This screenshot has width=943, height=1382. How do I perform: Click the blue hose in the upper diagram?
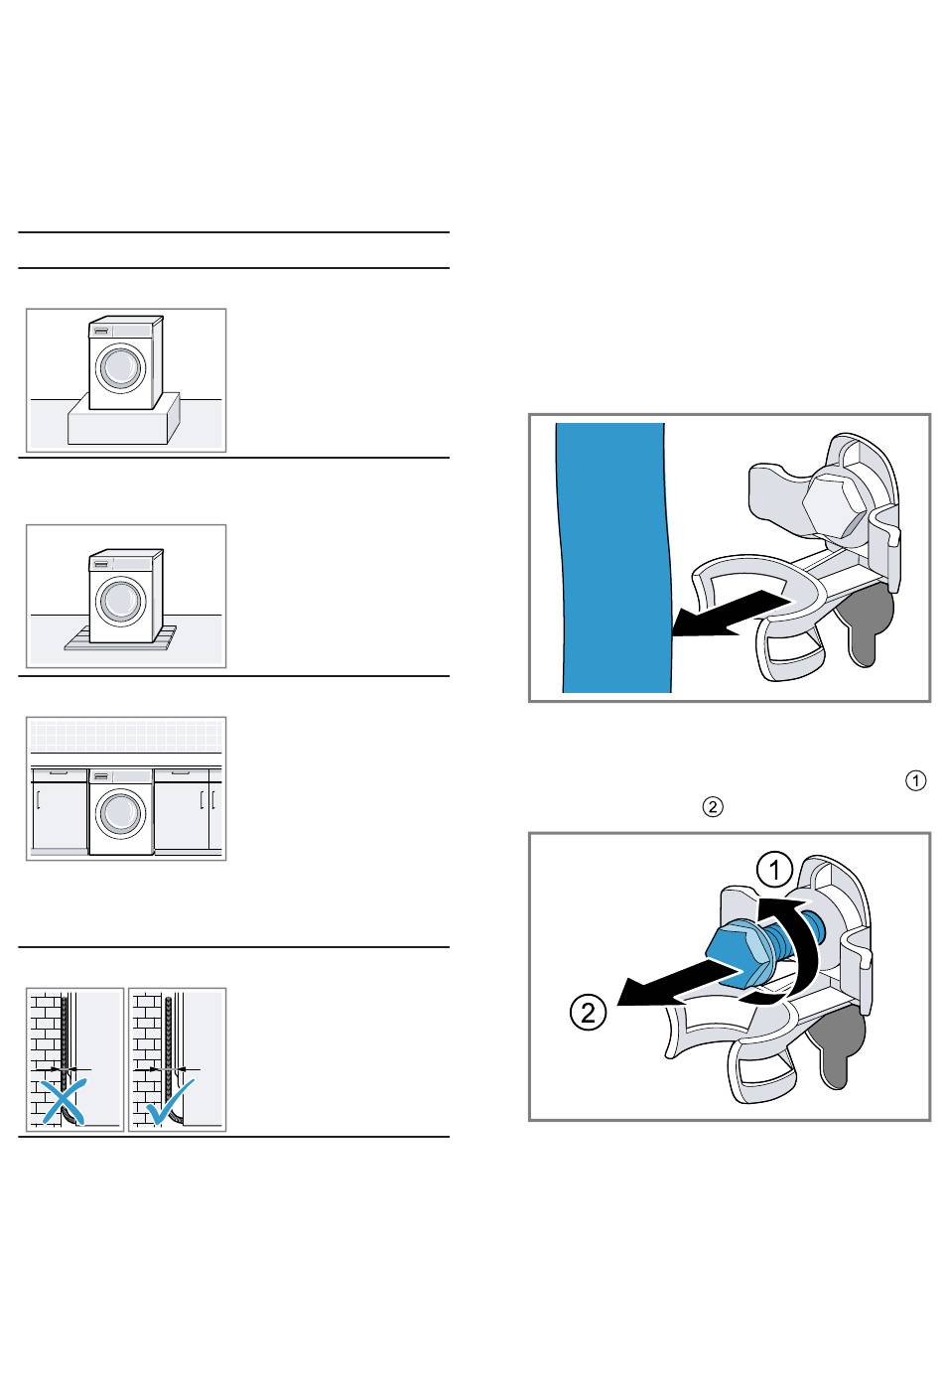[613, 556]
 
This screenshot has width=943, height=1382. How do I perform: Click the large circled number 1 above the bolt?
[774, 872]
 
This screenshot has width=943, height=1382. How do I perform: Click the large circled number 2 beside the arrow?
[589, 1014]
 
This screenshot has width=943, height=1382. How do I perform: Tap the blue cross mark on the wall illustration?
[62, 1101]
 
